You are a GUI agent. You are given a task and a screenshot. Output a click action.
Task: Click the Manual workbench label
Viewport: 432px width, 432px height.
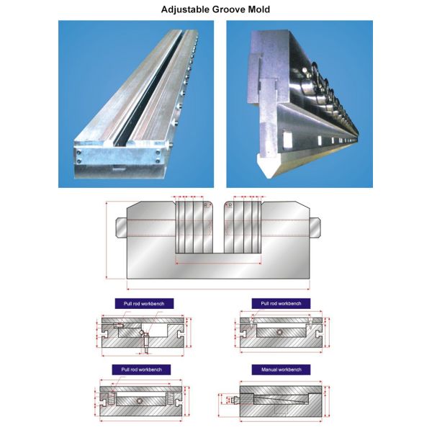click(x=280, y=369)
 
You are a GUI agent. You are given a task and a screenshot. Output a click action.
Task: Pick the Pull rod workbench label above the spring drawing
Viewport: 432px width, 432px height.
click(x=141, y=369)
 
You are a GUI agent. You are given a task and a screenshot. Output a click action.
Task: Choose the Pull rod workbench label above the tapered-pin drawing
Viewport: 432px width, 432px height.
click(x=281, y=304)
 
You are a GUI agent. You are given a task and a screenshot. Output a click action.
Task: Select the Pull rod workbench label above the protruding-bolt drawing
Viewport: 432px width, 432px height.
click(x=141, y=304)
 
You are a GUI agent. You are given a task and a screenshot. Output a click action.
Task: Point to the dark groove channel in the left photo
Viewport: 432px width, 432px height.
click(x=144, y=100)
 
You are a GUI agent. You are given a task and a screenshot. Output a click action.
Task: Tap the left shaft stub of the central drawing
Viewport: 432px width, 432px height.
click(x=120, y=225)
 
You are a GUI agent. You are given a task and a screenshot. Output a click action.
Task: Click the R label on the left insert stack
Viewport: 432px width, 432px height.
click(x=205, y=206)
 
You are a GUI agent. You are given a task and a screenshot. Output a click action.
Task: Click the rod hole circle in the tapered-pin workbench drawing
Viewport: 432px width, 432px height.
click(x=279, y=333)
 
